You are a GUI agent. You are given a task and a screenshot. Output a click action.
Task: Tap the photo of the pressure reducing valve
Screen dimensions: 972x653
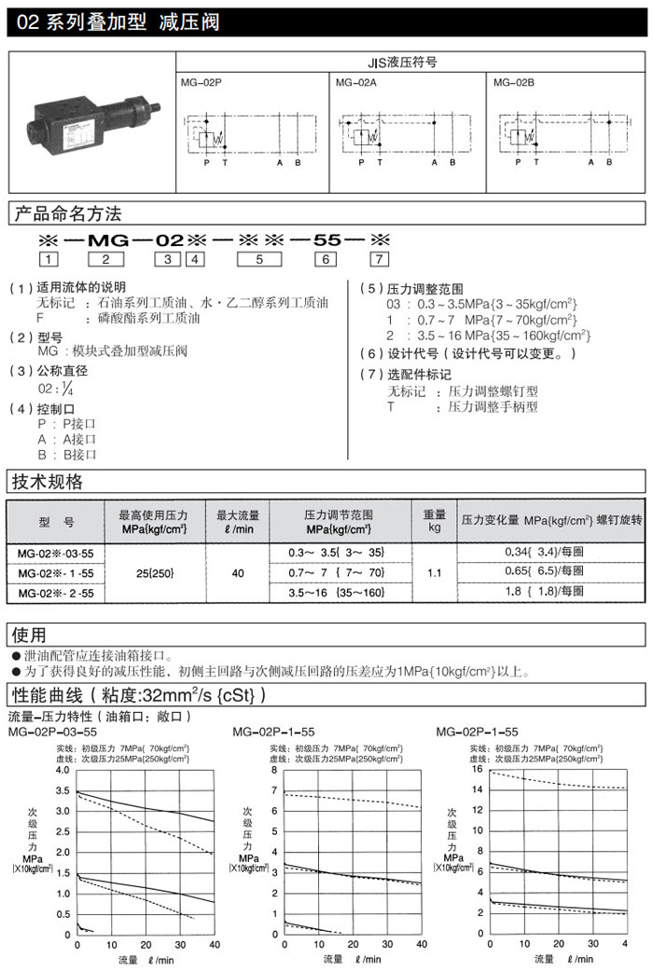point(91,125)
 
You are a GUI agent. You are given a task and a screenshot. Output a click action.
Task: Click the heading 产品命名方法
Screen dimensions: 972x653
point(66,215)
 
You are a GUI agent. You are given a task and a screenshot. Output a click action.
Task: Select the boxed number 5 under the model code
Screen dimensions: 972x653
point(259,259)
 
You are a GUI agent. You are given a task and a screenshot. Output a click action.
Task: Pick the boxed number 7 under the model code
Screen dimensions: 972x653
point(379,259)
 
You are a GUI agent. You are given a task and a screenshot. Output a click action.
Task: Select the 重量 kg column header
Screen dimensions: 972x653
point(435,520)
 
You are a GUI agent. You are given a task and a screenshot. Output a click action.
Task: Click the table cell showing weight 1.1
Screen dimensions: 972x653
point(435,572)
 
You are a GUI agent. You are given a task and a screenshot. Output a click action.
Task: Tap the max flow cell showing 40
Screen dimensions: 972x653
point(238,572)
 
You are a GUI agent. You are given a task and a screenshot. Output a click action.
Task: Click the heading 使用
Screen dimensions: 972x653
point(28,636)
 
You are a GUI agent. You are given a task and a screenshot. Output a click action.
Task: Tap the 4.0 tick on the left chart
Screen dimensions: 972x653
point(63,771)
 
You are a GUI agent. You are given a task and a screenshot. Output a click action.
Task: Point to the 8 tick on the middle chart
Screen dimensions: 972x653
point(274,771)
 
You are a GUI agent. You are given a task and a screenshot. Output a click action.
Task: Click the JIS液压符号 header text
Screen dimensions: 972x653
point(410,63)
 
